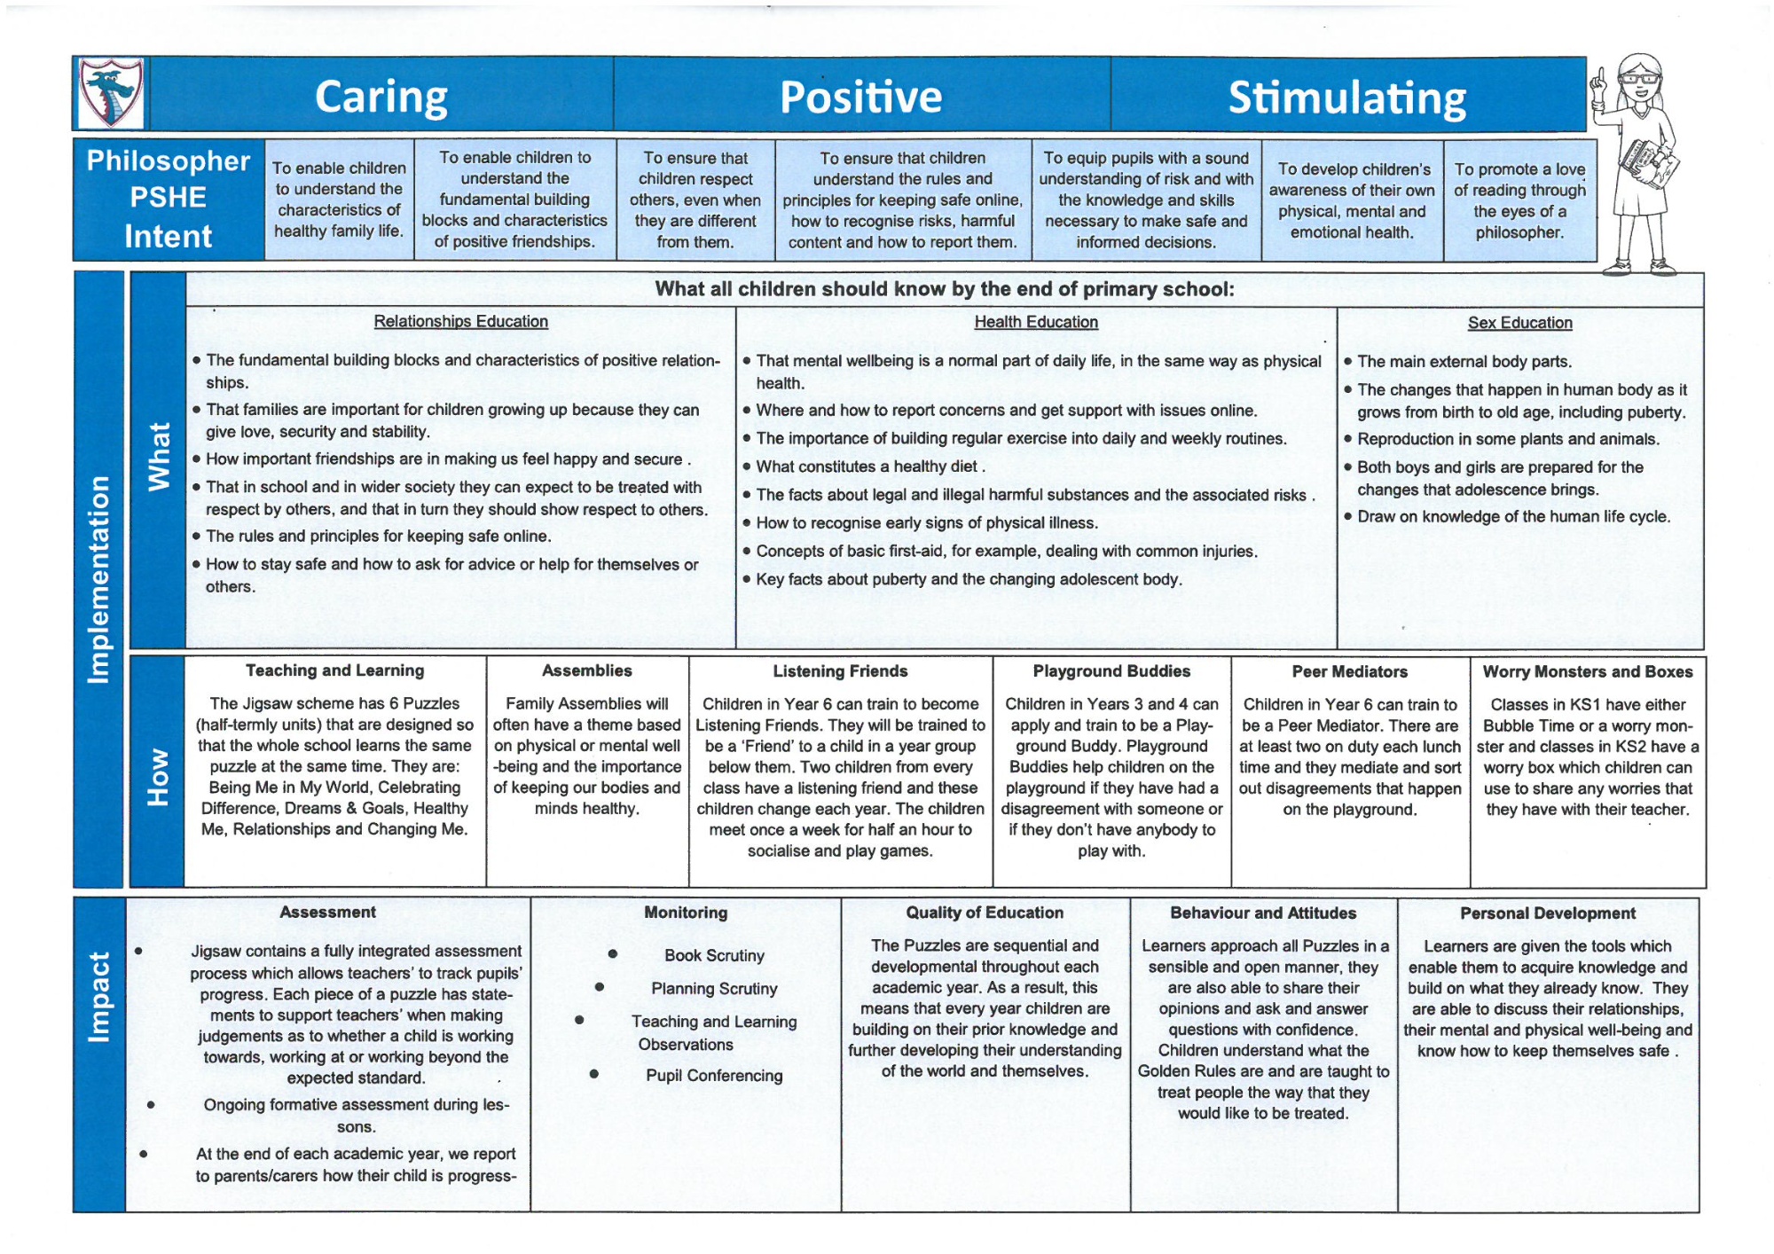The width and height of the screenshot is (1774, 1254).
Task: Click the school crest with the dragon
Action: [111, 93]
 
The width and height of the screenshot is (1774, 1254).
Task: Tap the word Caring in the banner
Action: [381, 97]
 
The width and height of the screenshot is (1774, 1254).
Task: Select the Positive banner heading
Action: [860, 97]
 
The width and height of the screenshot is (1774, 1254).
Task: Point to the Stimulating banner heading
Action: [1346, 98]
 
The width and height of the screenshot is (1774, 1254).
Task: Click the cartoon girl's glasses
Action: [1639, 77]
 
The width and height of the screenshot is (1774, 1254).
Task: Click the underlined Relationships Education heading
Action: [460, 321]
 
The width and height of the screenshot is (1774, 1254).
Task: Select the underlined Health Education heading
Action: [1036, 322]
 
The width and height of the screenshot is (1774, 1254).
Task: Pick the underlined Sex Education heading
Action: [1519, 323]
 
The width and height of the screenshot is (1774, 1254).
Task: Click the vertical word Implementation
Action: [98, 580]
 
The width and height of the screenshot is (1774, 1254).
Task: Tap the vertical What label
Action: [159, 457]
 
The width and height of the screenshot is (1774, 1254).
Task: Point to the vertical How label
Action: [158, 777]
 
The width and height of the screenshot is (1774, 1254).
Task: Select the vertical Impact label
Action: [98, 997]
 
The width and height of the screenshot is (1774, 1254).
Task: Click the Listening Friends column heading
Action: [840, 671]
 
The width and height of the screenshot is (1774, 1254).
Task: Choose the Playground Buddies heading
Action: [1111, 671]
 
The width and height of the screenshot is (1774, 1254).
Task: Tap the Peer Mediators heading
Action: [1350, 672]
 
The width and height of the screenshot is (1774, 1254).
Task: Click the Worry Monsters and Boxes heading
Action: [1588, 672]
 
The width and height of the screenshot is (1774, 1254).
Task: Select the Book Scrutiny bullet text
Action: [714, 955]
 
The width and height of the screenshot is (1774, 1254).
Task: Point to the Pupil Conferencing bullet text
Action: [714, 1076]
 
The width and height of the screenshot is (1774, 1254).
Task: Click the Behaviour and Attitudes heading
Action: [1263, 913]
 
